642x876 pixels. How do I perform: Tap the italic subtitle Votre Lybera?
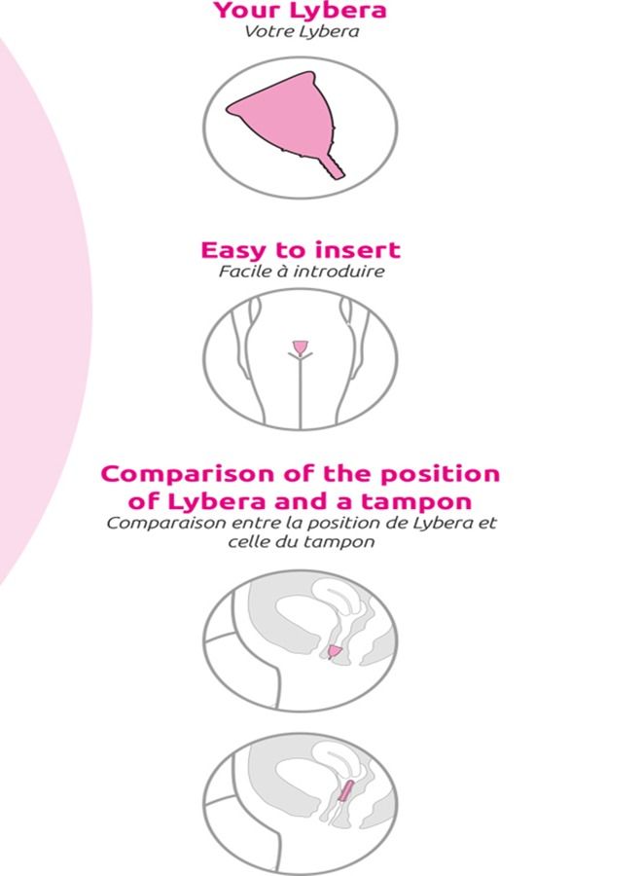click(301, 31)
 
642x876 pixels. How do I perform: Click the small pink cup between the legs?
click(301, 347)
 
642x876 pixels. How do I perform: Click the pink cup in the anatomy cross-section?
click(334, 651)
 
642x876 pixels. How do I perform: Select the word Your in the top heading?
click(244, 12)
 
